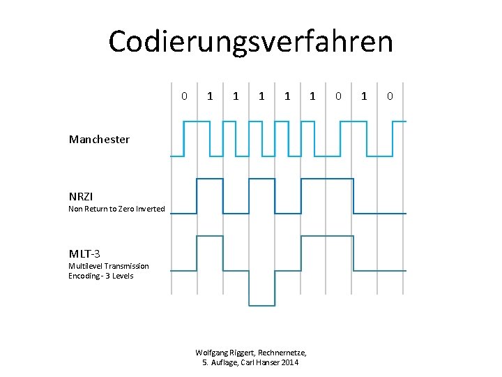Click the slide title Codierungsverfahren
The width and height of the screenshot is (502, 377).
point(250,41)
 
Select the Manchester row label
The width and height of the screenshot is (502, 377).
point(99,140)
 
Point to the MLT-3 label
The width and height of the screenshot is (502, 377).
point(84,253)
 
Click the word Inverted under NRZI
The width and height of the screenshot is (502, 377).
point(151,209)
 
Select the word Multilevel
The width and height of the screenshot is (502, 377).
point(85,266)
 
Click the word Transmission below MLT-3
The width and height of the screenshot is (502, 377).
point(127,266)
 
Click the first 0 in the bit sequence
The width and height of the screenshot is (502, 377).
point(184,96)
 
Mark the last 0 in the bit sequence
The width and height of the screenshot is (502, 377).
point(390,96)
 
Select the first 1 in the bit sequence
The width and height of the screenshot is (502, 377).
point(210,96)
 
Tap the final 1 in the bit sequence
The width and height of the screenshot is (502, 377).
point(363,96)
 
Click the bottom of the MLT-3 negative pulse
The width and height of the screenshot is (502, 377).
point(261,305)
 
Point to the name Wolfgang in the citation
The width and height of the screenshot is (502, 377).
point(212,353)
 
